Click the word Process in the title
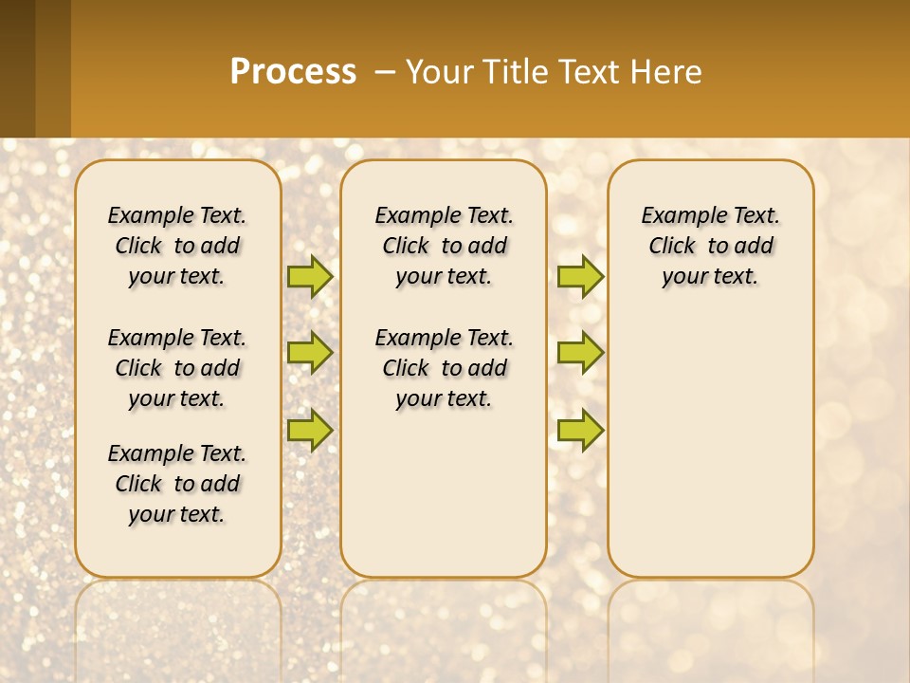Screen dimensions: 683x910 coord(293,71)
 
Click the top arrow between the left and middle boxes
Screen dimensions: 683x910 coord(310,276)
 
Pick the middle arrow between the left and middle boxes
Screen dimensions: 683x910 coord(310,353)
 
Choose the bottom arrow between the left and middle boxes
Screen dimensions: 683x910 coord(310,430)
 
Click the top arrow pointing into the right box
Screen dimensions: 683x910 coord(580,276)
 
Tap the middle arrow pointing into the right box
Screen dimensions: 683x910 coord(580,353)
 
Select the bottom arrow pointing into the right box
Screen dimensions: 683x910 coord(580,430)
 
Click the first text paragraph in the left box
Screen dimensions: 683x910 coord(177,246)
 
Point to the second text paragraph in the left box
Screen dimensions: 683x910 coord(177,368)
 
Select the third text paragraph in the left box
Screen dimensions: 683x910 coord(177,484)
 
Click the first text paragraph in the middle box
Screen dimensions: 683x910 coord(444,246)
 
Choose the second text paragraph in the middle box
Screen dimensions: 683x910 coord(444,368)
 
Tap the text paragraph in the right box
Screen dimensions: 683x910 coord(710,246)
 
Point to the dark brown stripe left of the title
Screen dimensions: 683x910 coord(18,68)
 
